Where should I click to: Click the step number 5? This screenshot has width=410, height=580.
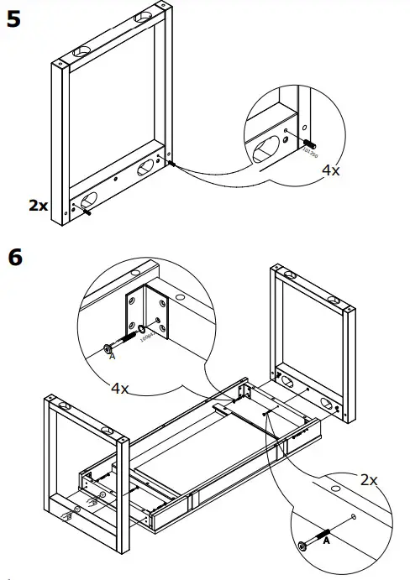[14, 18]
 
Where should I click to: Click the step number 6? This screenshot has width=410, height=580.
[15, 257]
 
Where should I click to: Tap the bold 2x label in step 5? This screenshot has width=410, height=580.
[39, 204]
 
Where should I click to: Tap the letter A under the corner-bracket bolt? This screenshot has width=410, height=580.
[112, 356]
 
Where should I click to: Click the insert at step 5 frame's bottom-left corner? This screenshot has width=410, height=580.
[85, 212]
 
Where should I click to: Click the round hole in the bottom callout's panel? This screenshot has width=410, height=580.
[334, 487]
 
